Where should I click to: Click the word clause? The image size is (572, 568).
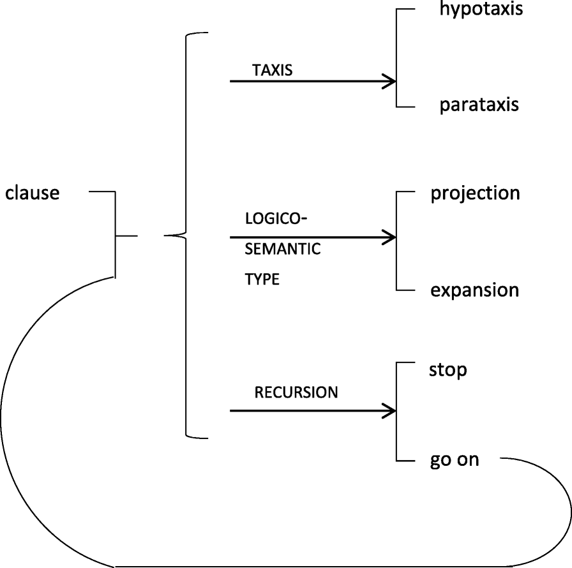click(x=33, y=192)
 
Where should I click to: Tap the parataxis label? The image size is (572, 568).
click(x=479, y=105)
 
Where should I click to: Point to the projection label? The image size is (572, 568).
click(x=475, y=193)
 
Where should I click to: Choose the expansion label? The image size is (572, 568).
click(x=474, y=290)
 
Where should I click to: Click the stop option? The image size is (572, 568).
click(x=448, y=370)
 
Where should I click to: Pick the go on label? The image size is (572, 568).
click(x=454, y=460)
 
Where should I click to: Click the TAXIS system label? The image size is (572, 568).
click(x=272, y=70)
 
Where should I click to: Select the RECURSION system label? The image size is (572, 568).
click(x=296, y=392)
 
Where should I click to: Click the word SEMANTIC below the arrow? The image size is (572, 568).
click(x=283, y=249)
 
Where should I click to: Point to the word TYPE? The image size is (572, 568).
click(x=262, y=279)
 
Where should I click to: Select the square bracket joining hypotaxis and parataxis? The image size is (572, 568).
click(x=397, y=57)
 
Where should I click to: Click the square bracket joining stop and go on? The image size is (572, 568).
click(x=397, y=412)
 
